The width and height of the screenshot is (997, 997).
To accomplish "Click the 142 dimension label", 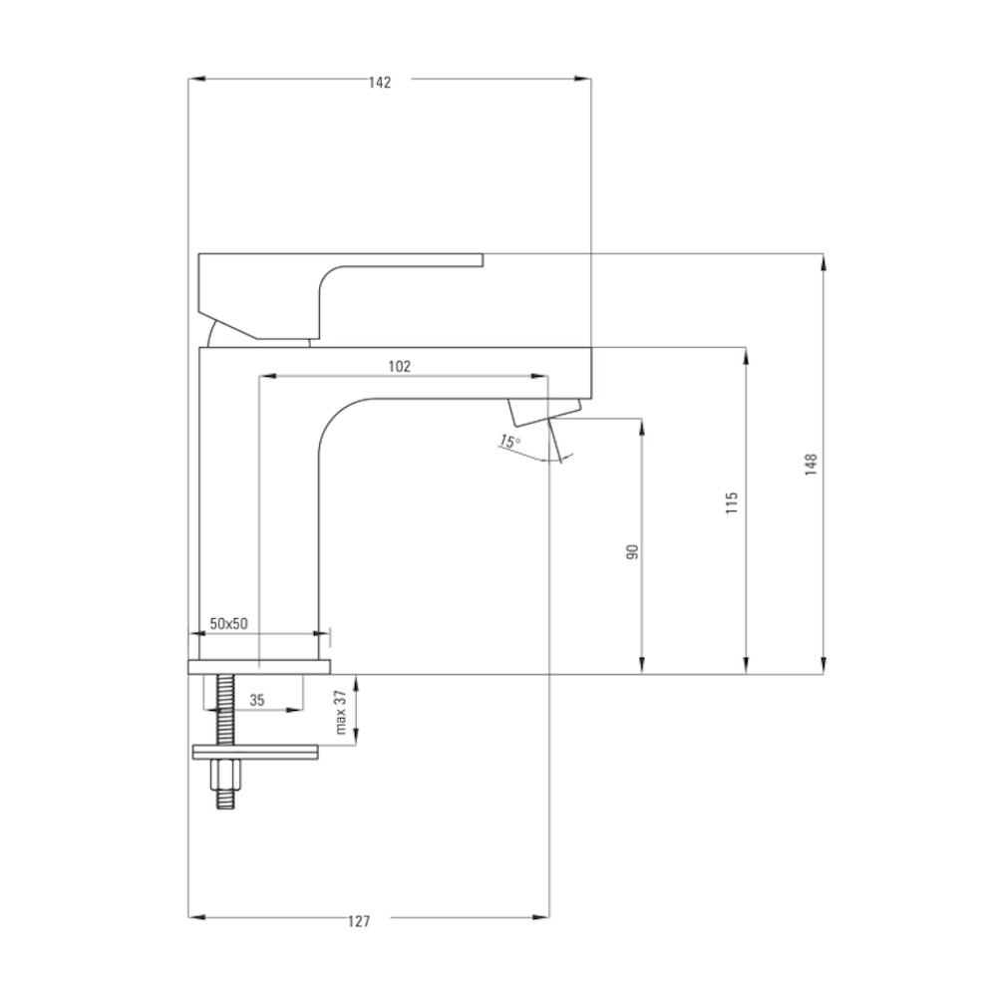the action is (380, 82).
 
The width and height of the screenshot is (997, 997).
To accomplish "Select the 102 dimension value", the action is (400, 366).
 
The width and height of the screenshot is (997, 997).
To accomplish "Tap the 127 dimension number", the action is (359, 921).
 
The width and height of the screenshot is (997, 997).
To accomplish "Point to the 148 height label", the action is (811, 465).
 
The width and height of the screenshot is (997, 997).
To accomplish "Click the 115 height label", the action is (732, 502).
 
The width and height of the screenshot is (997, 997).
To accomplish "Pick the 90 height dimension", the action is (632, 551).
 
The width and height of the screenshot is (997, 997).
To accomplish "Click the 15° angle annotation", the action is (509, 441).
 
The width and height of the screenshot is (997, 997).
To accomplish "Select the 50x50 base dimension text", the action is (229, 624).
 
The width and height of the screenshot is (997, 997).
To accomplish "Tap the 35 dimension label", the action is (257, 700).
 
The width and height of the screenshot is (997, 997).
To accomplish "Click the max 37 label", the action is (341, 712).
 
